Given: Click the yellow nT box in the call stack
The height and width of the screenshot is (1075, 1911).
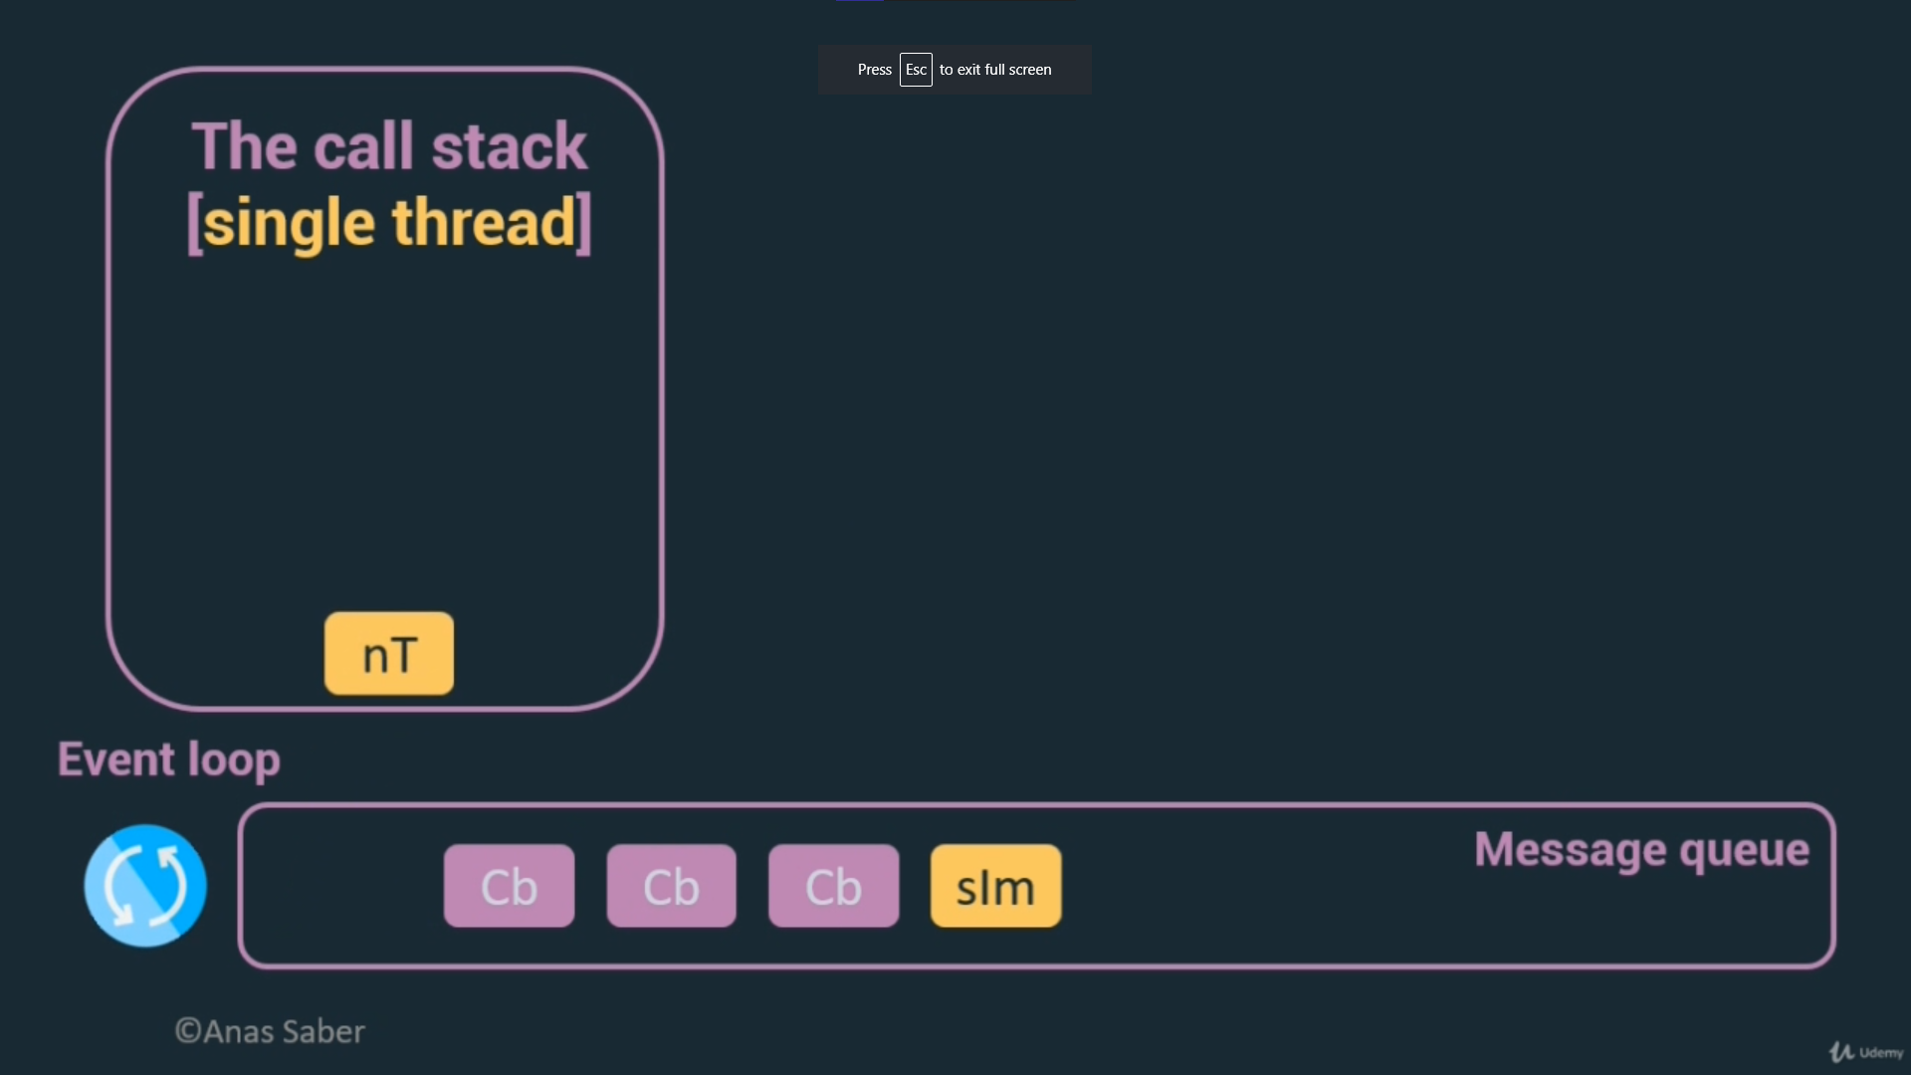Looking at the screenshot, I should (389, 654).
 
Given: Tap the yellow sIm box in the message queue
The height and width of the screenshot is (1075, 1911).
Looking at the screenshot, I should (995, 886).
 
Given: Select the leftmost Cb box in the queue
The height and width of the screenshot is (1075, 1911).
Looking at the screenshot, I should (509, 886).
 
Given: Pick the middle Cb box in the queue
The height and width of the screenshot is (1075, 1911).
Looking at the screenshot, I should (671, 886).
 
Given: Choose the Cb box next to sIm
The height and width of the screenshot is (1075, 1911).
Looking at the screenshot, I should (833, 886).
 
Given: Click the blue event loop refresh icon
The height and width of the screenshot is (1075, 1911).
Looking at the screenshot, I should (145, 885).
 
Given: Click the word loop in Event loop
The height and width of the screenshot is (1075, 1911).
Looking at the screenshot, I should (234, 760).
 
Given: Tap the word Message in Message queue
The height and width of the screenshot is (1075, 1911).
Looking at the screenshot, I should (1570, 849).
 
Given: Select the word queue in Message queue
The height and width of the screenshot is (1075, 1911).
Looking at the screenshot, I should (1744, 851).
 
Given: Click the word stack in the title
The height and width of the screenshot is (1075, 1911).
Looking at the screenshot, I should (509, 146).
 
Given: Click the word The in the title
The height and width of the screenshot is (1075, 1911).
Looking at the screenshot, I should (244, 146).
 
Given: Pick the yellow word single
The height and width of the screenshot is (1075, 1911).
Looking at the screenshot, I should (290, 223).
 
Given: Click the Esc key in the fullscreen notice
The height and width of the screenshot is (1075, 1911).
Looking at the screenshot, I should (916, 70).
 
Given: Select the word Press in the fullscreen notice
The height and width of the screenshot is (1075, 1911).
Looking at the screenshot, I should (874, 70).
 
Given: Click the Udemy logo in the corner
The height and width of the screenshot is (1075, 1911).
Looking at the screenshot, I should (1866, 1052).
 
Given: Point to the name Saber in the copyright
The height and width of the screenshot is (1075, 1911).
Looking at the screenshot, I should (323, 1031).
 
